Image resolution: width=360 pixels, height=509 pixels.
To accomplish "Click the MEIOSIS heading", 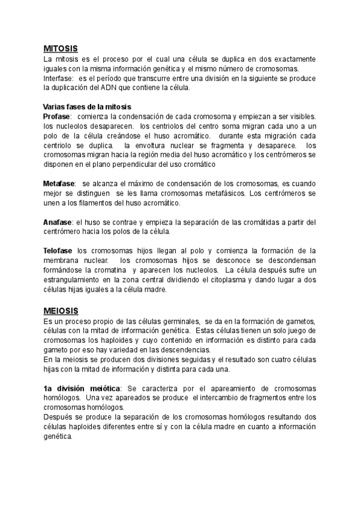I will click(x=61, y=312).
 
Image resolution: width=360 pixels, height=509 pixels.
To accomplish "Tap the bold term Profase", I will click(x=57, y=116).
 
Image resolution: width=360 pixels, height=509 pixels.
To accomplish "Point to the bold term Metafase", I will click(x=59, y=182).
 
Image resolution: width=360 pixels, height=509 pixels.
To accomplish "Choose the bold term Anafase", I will click(x=57, y=221).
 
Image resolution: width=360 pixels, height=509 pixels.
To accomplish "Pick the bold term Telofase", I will click(x=58, y=250).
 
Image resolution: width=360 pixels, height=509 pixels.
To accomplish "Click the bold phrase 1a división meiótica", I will click(x=82, y=388).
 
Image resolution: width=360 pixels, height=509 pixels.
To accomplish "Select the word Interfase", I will click(x=58, y=77).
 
